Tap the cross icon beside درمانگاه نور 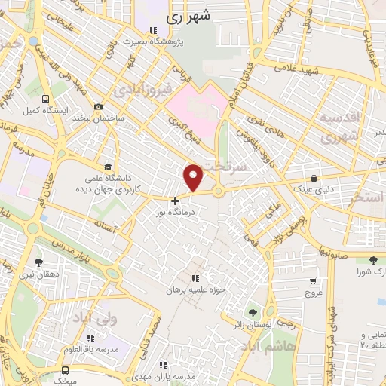coord(176,201)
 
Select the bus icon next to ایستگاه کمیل coord(47,99)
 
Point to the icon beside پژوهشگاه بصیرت coord(153,31)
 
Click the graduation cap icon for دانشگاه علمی coord(109,167)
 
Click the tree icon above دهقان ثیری coord(38,262)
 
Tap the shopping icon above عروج coord(312,280)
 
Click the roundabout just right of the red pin coord(219,191)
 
